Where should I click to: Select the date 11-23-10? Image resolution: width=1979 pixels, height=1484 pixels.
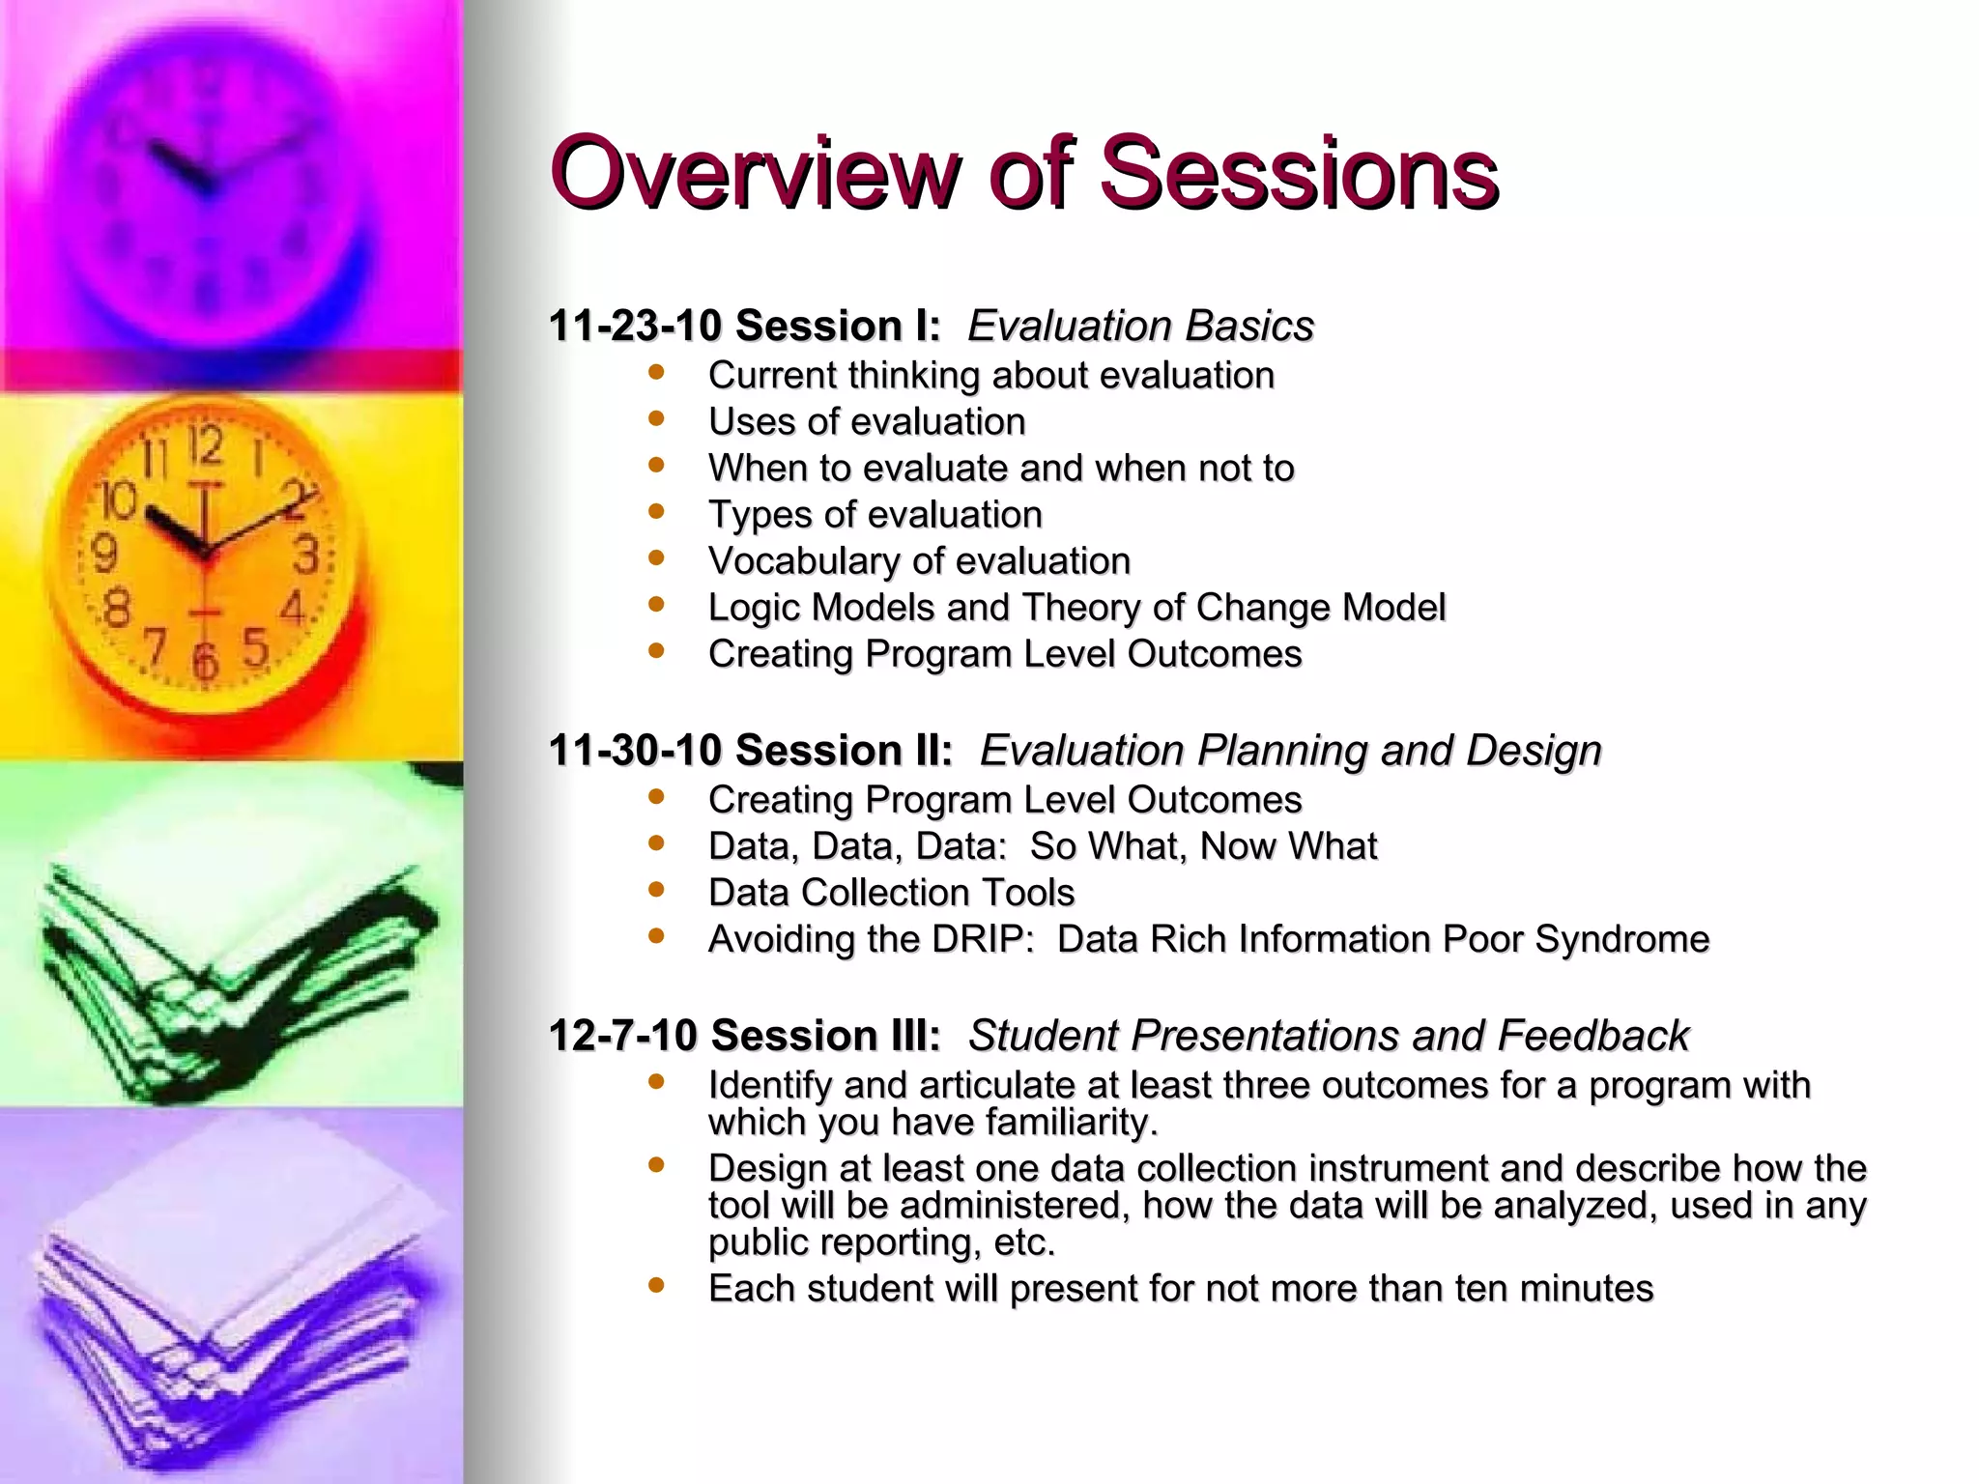click(x=635, y=326)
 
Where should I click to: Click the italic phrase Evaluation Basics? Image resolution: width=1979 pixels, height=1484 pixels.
click(x=1140, y=326)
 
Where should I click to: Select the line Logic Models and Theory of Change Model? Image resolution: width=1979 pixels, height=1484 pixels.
click(x=1076, y=608)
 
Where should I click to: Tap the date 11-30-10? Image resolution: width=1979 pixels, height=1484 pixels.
click(x=635, y=750)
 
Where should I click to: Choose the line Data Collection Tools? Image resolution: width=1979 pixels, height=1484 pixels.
click(x=891, y=893)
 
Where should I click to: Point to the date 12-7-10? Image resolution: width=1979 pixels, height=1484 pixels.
click(x=622, y=1036)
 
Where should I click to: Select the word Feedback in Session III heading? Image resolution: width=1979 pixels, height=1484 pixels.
click(x=1592, y=1036)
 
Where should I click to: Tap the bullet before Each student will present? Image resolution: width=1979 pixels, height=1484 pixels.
click(x=657, y=1285)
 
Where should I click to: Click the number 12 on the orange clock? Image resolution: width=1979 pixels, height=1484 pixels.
click(x=205, y=447)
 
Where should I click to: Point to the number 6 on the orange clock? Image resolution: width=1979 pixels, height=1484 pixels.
click(x=204, y=662)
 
